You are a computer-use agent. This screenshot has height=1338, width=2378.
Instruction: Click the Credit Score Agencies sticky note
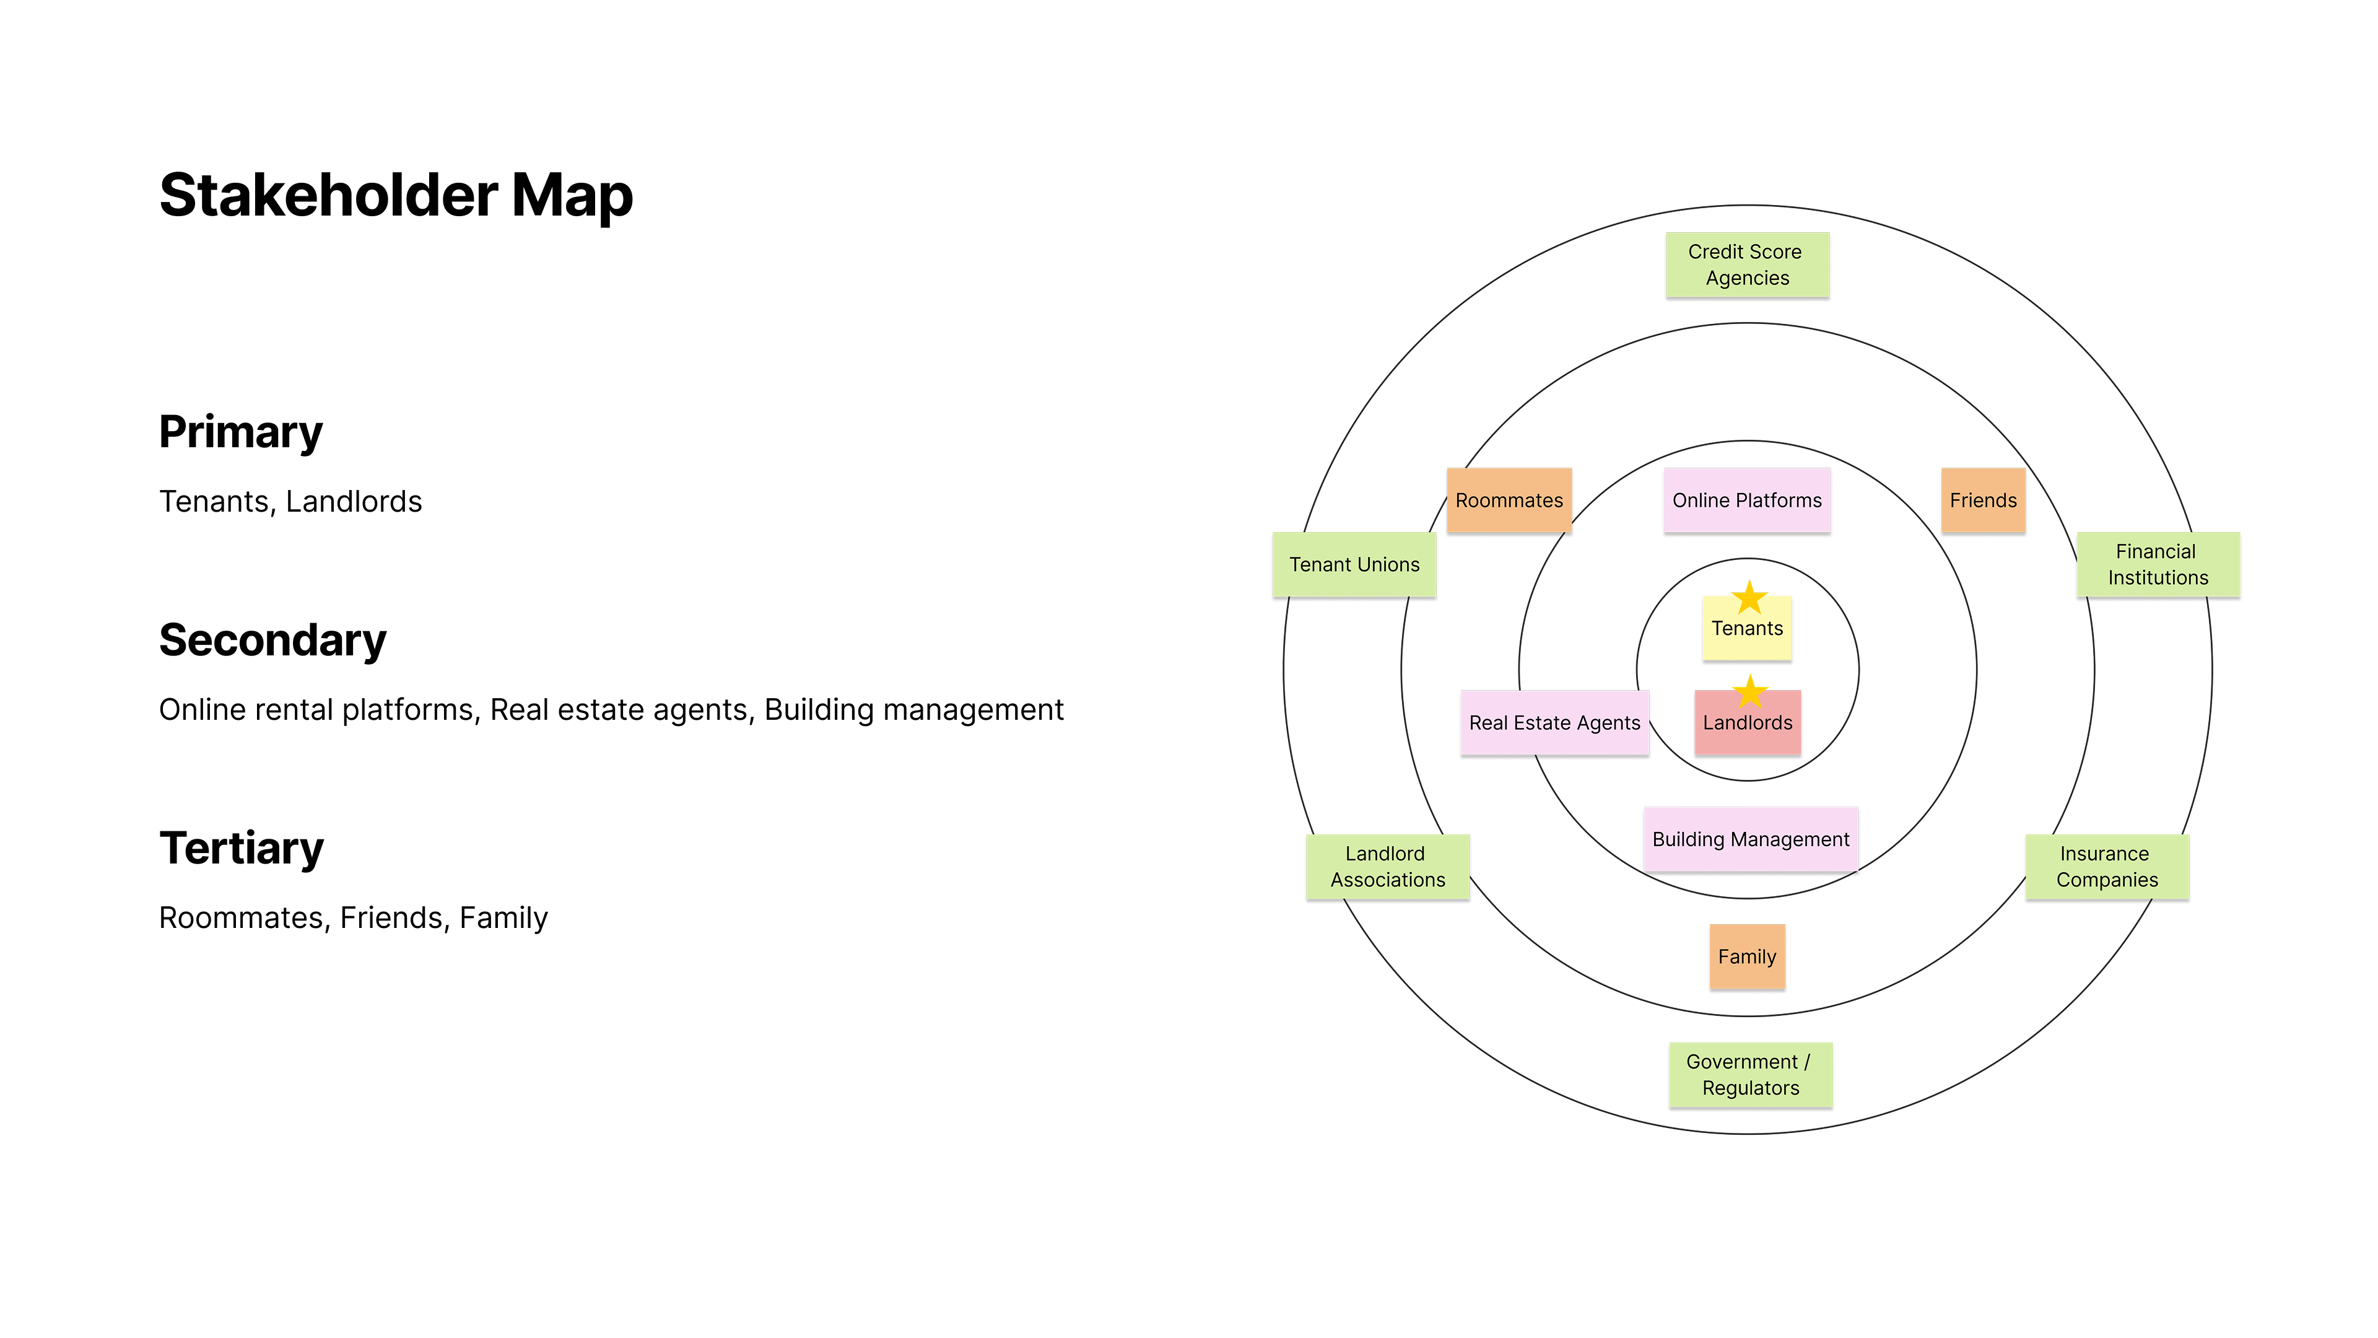click(x=1746, y=265)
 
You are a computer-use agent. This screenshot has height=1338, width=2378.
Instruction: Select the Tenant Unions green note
click(x=1354, y=564)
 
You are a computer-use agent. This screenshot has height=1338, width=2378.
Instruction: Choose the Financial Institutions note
click(x=2158, y=564)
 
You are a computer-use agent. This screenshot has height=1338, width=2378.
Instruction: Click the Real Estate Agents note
click(x=1554, y=723)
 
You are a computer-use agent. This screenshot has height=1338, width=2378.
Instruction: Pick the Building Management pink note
click(x=1750, y=839)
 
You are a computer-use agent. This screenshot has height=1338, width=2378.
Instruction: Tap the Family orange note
click(x=1746, y=956)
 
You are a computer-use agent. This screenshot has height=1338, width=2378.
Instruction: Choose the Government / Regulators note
click(x=1750, y=1075)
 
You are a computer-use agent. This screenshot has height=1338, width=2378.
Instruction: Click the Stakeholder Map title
click(x=396, y=196)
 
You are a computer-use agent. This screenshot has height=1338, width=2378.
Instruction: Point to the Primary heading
click(x=241, y=432)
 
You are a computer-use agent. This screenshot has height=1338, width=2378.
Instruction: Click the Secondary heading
click(x=272, y=640)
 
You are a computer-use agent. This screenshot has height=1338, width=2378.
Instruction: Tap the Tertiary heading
click(x=242, y=847)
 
